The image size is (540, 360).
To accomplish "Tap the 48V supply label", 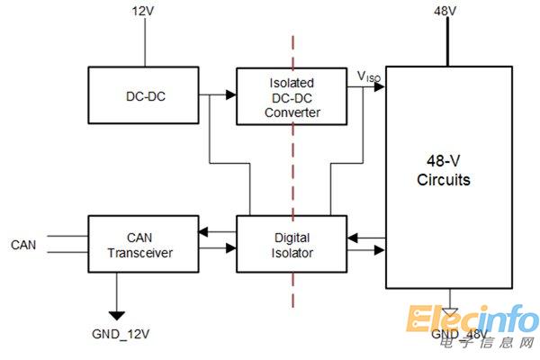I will [445, 12].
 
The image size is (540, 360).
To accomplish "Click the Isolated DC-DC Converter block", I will [291, 96].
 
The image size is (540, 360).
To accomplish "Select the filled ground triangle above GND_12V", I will [117, 313].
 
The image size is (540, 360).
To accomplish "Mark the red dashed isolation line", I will [291, 180].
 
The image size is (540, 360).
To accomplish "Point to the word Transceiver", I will [142, 253].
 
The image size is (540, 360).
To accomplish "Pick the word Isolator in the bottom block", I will [291, 254].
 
